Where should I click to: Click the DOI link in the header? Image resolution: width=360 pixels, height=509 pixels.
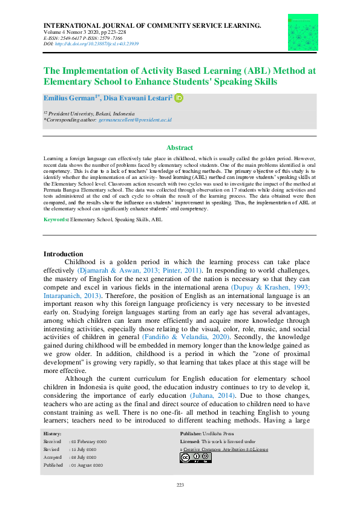[97, 44]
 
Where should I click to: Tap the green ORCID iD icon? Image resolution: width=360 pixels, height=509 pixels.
[178, 97]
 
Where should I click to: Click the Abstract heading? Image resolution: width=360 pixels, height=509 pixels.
[180, 148]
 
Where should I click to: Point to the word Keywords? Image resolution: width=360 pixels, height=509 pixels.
[56, 219]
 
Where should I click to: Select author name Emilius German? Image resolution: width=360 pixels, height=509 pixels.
[65, 98]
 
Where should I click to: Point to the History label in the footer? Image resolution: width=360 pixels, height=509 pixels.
[52, 434]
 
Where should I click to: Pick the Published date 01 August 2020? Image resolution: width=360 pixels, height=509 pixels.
[89, 465]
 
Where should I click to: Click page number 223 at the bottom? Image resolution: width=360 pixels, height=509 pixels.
[180, 485]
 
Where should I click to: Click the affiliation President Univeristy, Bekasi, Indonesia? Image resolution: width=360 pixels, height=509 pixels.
[93, 114]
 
